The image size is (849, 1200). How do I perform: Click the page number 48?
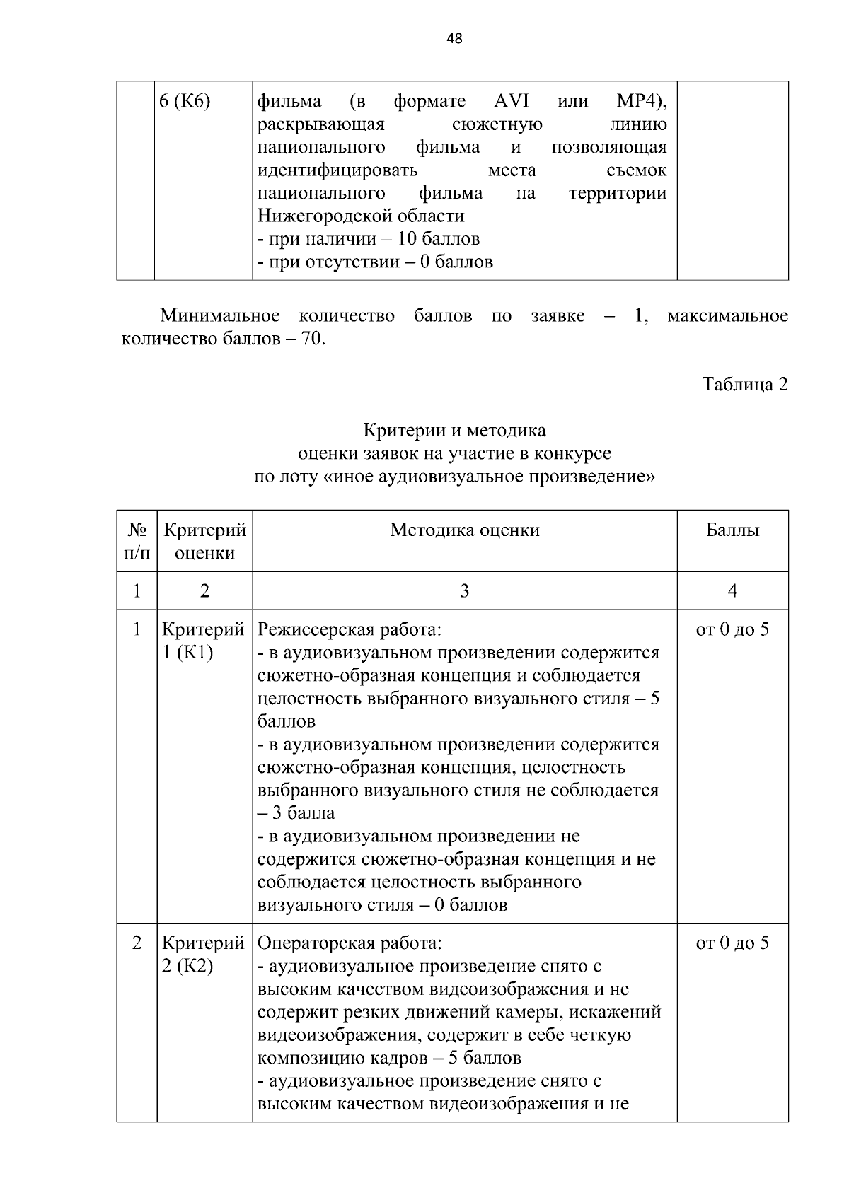[454, 40]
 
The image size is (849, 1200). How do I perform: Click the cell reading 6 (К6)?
[185, 102]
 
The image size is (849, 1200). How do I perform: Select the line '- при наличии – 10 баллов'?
[368, 239]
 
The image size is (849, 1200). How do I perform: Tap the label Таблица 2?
[744, 385]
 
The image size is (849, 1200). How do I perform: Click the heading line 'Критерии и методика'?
[454, 431]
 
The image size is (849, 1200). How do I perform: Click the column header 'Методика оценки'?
[464, 530]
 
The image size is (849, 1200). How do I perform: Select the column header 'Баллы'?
[732, 530]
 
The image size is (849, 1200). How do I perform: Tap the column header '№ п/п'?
[137, 541]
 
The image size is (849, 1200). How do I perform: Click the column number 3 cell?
[464, 591]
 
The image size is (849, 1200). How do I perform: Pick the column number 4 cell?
[732, 591]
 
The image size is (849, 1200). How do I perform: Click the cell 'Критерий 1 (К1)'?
[204, 641]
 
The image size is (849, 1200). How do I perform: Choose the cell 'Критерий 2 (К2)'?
[204, 955]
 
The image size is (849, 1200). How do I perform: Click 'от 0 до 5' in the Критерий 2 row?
[732, 943]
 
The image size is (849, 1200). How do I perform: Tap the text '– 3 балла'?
[296, 813]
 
